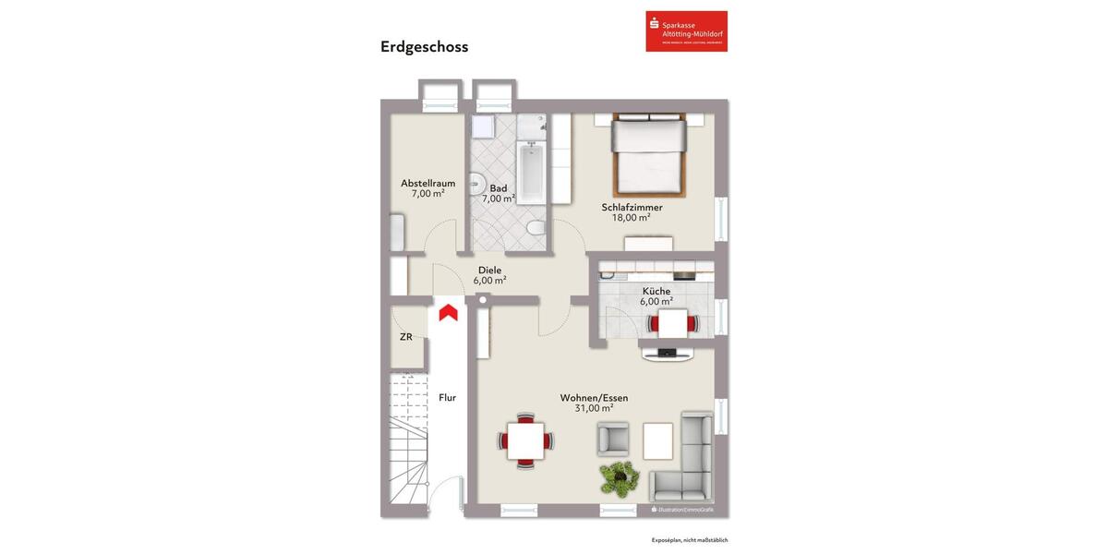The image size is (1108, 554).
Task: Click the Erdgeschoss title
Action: click(424, 46)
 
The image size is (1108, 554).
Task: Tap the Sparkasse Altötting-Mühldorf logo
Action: click(686, 31)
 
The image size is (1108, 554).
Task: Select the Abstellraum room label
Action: click(428, 183)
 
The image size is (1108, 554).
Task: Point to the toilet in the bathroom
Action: click(535, 227)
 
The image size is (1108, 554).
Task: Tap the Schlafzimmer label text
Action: click(632, 207)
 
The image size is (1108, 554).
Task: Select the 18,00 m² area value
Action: click(632, 218)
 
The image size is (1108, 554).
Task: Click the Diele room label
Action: click(489, 270)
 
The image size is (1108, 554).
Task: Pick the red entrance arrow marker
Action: click(449, 312)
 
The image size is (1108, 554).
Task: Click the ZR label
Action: click(406, 337)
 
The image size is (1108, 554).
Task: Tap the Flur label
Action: click(447, 398)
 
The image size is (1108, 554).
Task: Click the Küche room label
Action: click(656, 291)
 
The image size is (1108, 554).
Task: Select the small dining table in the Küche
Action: click(672, 323)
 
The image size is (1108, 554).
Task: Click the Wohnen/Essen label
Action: click(594, 398)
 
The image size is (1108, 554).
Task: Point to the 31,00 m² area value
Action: click(594, 408)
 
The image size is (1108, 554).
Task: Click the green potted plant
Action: click(619, 476)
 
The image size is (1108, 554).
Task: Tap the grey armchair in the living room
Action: click(613, 438)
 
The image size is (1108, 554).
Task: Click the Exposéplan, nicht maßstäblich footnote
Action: click(690, 540)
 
